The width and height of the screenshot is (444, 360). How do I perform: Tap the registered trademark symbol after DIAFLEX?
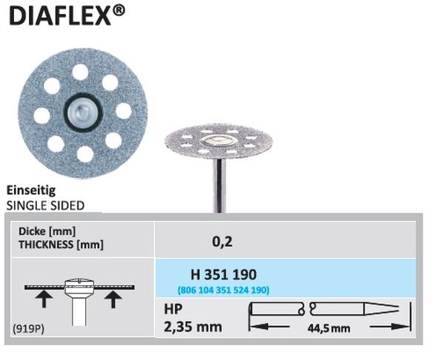pyautogui.click(x=124, y=12)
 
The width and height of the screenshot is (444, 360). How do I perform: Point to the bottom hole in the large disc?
pyautogui.click(x=84, y=153)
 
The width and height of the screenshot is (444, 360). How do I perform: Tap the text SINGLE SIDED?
pyautogui.click(x=44, y=204)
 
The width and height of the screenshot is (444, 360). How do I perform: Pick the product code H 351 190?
pyautogui.click(x=221, y=275)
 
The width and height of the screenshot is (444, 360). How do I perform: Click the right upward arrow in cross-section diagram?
pyautogui.click(x=112, y=300)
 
